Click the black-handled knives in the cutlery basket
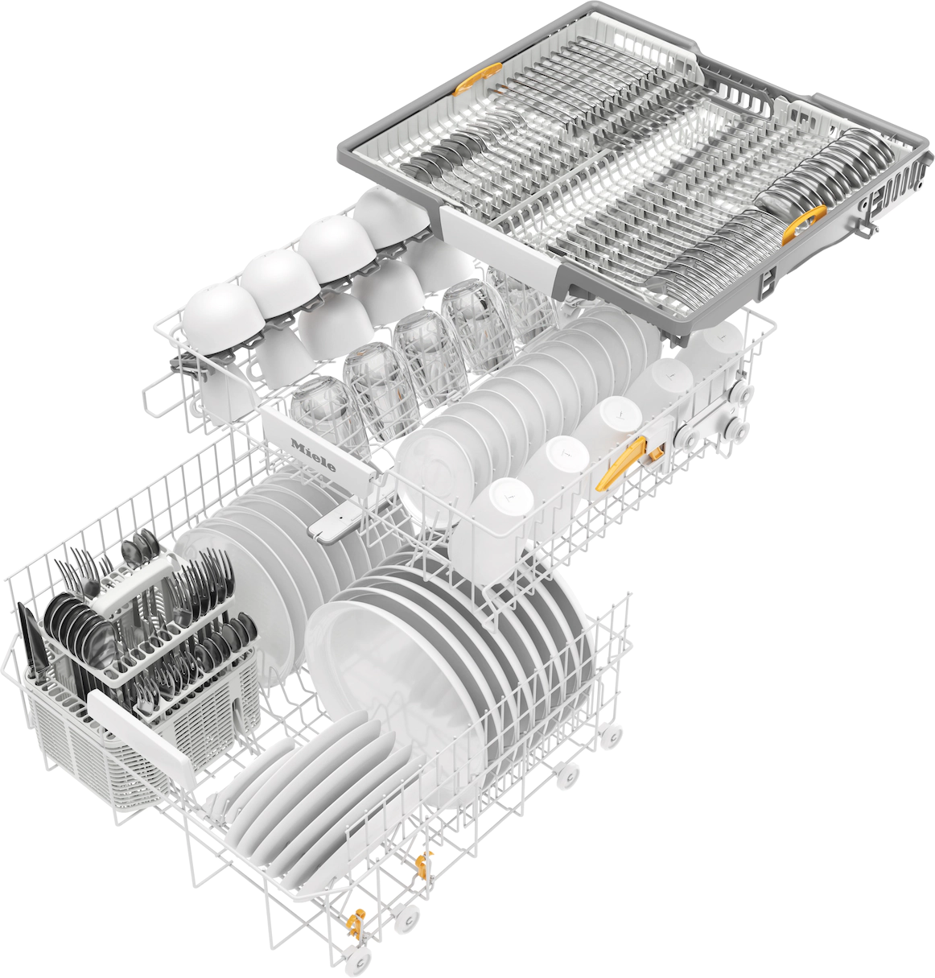pos(32,644)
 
